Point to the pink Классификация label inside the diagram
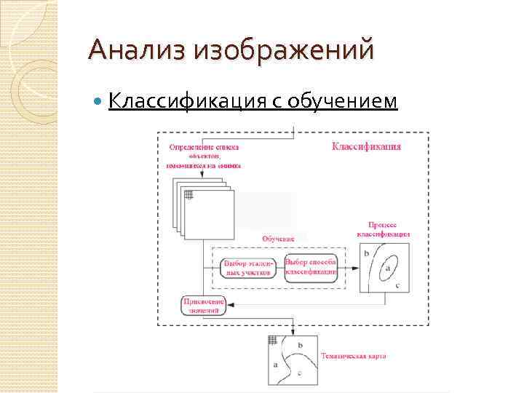pyautogui.click(x=366, y=146)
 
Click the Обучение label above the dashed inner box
pyautogui.click(x=277, y=239)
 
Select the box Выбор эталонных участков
pyautogui.click(x=247, y=267)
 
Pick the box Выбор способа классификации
pyautogui.click(x=311, y=266)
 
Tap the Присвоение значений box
pyautogui.click(x=203, y=306)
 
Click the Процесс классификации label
pyautogui.click(x=384, y=230)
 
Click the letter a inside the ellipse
pyautogui.click(x=387, y=268)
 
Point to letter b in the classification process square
pyautogui.click(x=366, y=253)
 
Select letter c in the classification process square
pyautogui.click(x=397, y=286)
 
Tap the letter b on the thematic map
pyautogui.click(x=301, y=344)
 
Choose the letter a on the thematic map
pyautogui.click(x=274, y=362)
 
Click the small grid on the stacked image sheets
pyautogui.click(x=189, y=194)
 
